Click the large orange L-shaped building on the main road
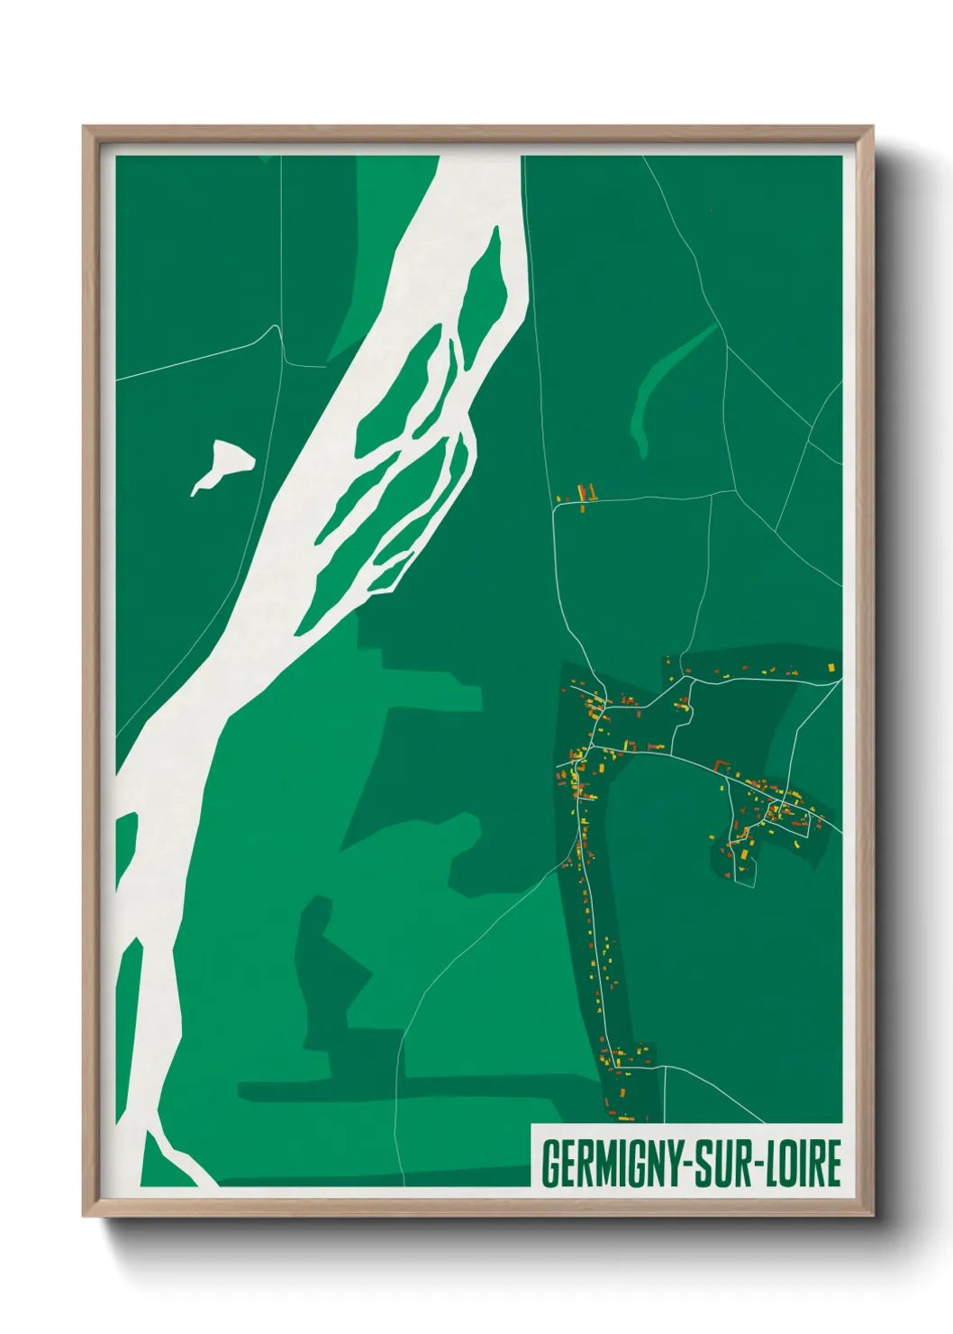pos(722,767)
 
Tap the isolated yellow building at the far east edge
pos(831,667)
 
